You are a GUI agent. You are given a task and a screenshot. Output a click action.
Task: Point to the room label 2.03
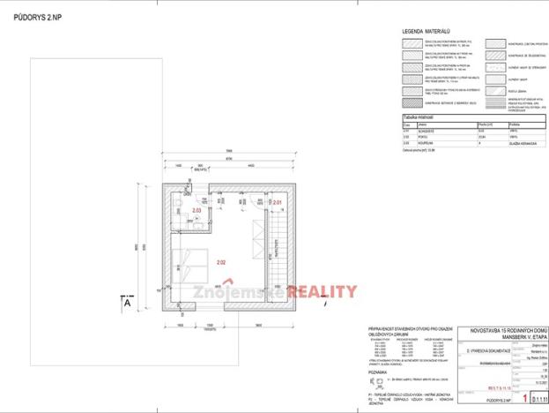pyautogui.click(x=197, y=211)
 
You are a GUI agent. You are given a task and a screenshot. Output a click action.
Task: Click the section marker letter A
pyautogui.click(x=127, y=303)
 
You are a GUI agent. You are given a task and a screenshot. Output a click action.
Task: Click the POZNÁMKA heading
pyautogui.click(x=382, y=372)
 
